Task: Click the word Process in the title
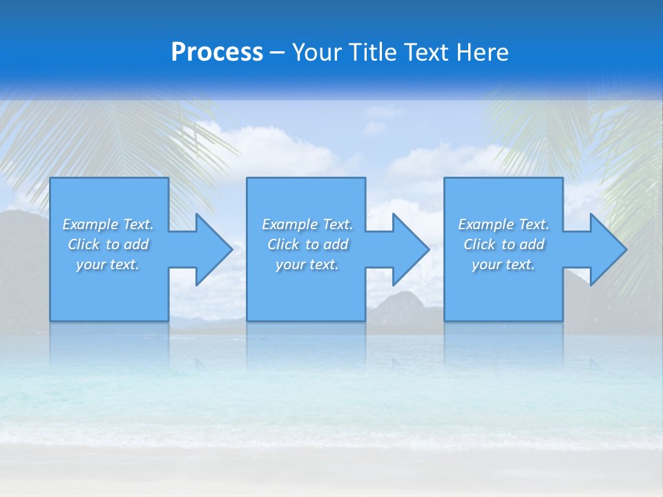217,52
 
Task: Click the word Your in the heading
318,52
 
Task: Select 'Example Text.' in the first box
108,224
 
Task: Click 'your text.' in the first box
108,264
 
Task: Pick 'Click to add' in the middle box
307,244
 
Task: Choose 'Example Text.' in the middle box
307,224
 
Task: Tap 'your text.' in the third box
503,264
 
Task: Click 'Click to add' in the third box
503,244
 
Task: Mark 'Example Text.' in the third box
503,224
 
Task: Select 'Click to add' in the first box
108,244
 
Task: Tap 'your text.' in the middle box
307,264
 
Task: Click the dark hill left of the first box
24,262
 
